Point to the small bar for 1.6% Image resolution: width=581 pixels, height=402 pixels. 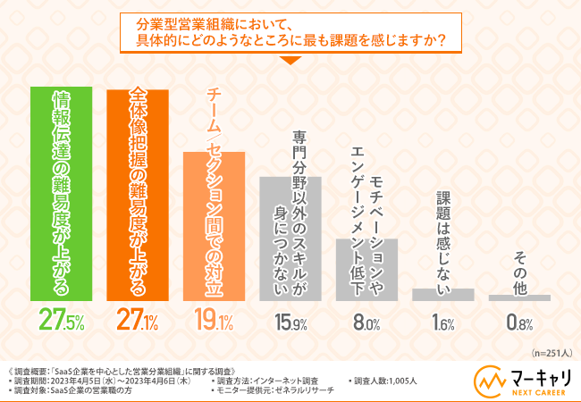point(442,294)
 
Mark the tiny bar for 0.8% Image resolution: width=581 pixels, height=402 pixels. point(519,297)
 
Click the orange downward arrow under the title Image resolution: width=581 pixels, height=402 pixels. point(290,61)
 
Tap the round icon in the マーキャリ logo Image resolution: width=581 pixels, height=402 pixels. point(488,379)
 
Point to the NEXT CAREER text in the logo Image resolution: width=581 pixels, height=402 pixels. point(537,389)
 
